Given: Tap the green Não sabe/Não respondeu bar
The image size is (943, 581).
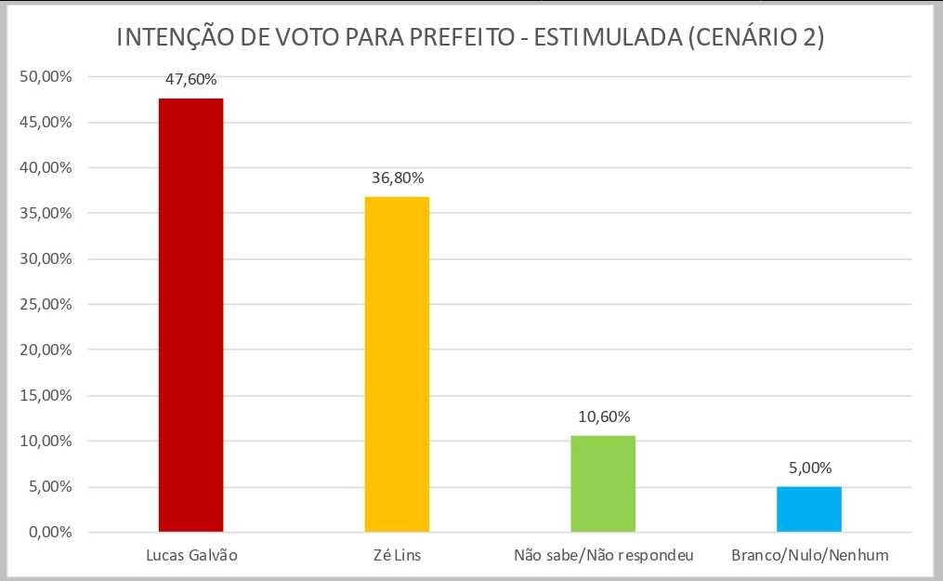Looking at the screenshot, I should click(x=602, y=483).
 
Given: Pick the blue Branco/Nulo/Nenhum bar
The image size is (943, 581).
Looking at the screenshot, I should click(x=808, y=509).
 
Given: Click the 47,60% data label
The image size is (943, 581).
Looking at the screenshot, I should click(x=190, y=79).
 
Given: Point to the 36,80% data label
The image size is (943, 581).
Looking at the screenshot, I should click(x=397, y=178).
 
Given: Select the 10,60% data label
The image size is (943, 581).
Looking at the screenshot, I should click(x=602, y=416).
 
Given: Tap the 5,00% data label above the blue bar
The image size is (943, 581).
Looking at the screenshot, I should click(x=808, y=468).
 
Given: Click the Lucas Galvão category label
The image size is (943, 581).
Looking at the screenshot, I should click(x=192, y=556).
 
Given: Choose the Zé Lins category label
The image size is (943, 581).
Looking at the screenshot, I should click(x=397, y=556).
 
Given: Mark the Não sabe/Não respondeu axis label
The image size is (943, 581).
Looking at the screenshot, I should click(x=602, y=556).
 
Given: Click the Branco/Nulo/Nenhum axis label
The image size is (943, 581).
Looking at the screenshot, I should click(x=809, y=556).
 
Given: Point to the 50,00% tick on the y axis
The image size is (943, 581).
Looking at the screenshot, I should click(x=46, y=76).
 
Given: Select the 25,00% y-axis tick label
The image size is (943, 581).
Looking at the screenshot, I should click(x=46, y=305).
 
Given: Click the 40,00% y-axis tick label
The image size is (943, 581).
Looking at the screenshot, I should click(x=46, y=167).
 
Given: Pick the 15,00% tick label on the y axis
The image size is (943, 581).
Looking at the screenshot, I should click(x=46, y=396).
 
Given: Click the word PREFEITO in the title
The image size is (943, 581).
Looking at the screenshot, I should click(x=468, y=39).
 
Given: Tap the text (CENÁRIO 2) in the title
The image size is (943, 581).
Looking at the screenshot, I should click(x=753, y=39).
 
